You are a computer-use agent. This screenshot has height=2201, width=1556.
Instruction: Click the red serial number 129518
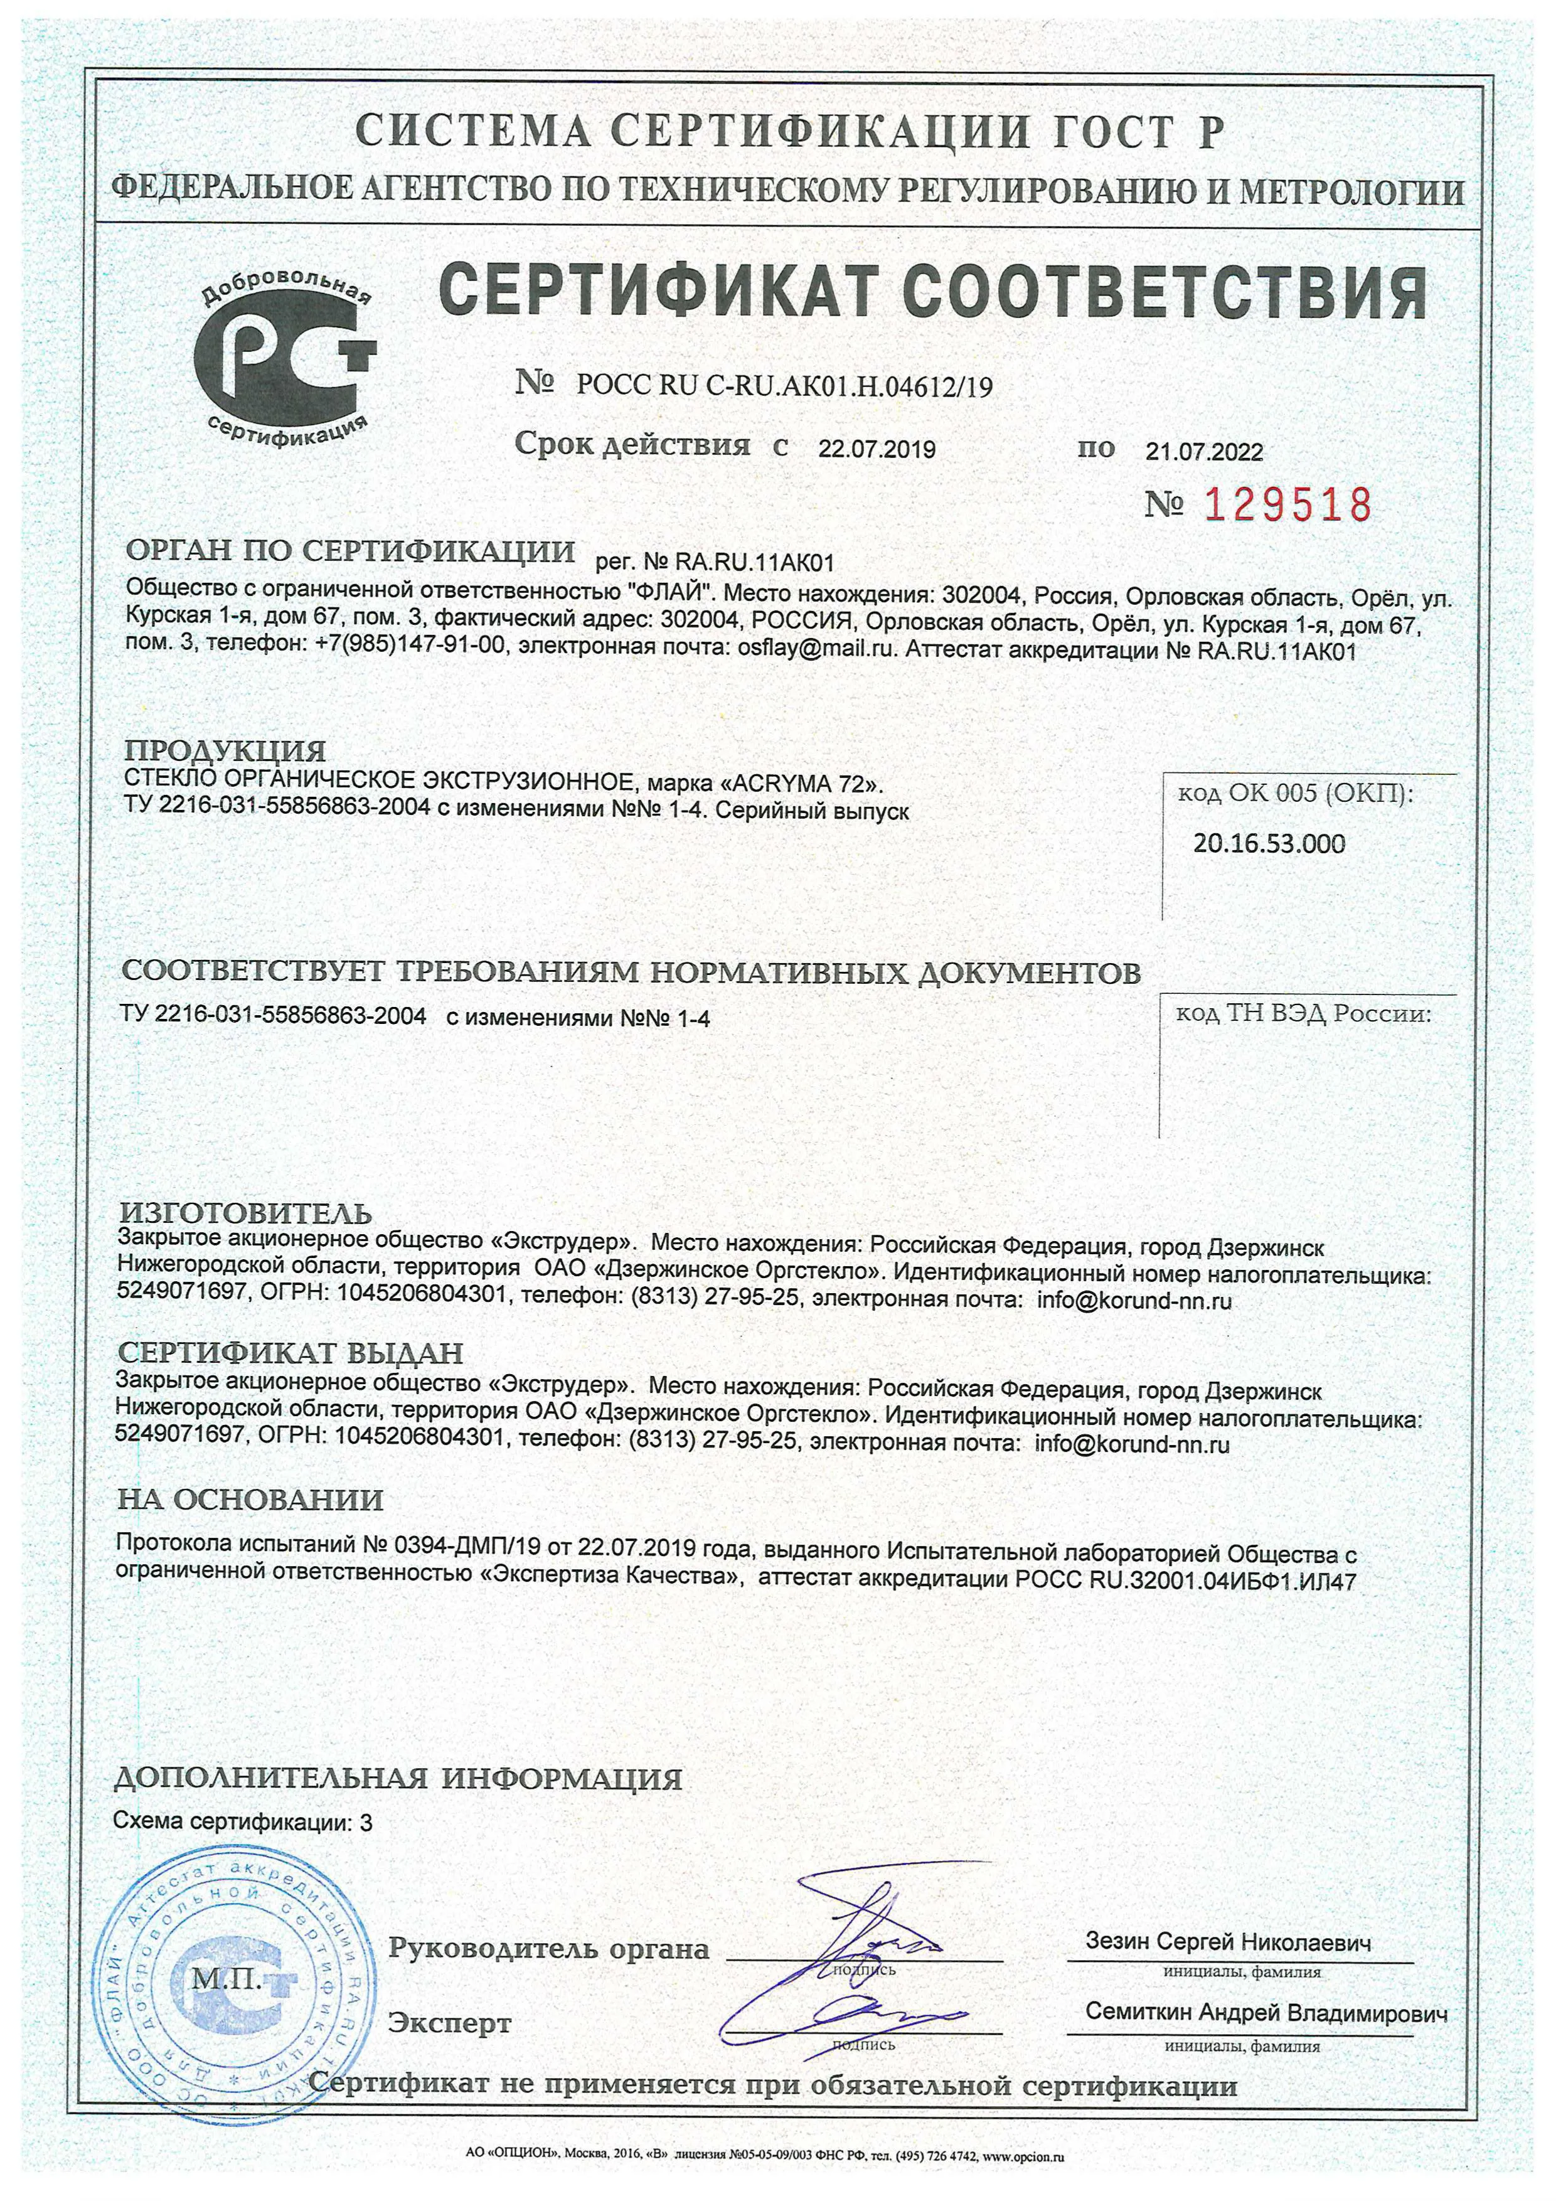(1287, 505)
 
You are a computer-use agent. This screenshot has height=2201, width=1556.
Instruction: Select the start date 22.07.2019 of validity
(877, 450)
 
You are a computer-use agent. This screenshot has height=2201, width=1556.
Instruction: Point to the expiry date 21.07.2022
(1204, 452)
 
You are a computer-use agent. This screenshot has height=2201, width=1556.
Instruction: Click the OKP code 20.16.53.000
(1269, 844)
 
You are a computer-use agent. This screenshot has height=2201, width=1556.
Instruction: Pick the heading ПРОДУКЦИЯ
(226, 750)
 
